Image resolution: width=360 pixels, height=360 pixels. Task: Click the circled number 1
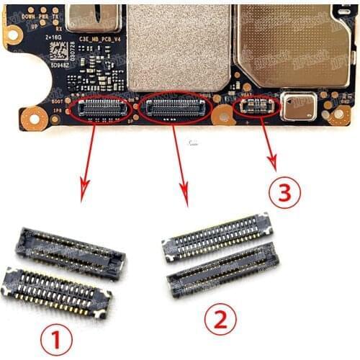(56, 336)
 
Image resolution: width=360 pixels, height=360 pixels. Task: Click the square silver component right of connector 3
(297, 106)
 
